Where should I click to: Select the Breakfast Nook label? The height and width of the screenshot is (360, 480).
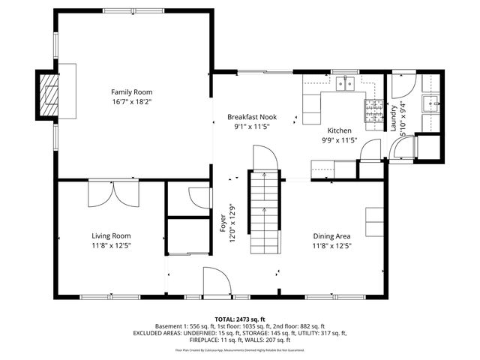click(251, 117)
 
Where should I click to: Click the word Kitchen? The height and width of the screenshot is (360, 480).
click(340, 130)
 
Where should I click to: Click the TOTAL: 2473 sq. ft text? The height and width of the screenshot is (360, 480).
click(240, 319)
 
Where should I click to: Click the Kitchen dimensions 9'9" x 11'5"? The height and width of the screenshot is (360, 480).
click(340, 140)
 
